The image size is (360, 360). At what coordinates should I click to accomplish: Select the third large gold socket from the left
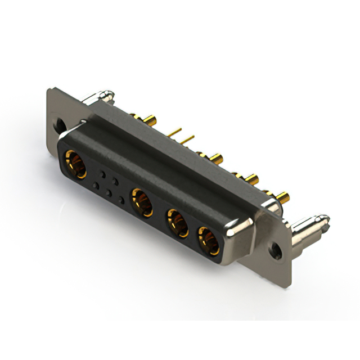click(177, 223)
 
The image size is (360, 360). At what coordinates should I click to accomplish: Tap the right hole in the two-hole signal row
click(115, 180)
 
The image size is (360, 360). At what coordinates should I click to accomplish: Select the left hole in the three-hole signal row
click(95, 186)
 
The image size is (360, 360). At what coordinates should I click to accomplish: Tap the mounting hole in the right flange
click(275, 247)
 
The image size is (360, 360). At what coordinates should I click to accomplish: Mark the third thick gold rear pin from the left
click(250, 179)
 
